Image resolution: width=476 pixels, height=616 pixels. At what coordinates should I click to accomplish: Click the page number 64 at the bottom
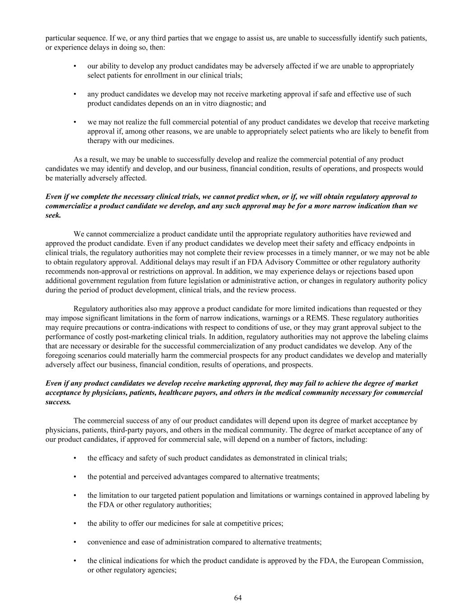coord(238,598)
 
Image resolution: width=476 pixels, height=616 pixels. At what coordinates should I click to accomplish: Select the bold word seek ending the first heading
coord(53,215)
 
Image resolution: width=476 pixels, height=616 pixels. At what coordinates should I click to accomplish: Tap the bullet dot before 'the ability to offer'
coord(75,523)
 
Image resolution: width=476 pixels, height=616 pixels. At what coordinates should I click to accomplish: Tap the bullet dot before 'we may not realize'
coord(75,122)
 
